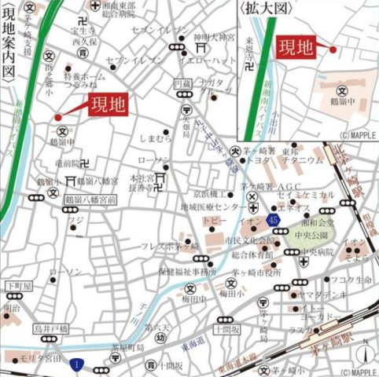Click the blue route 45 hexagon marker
[272, 219]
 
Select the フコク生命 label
[345, 280]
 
